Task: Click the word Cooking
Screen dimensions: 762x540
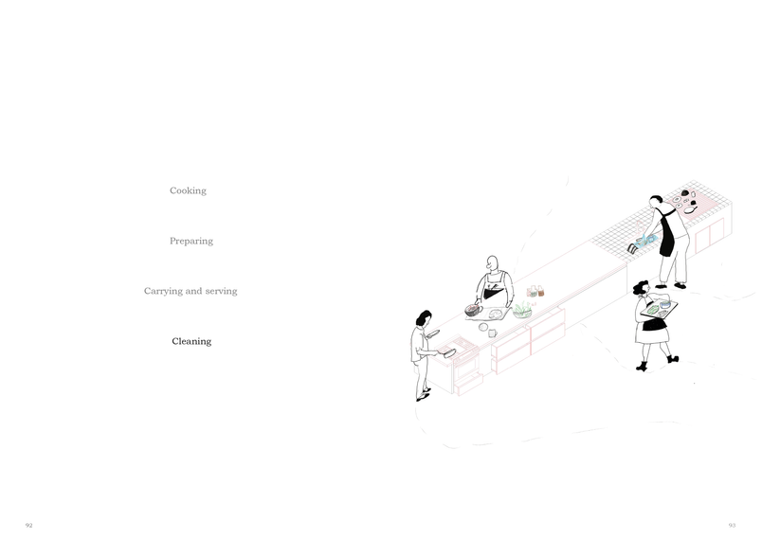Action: [x=188, y=190]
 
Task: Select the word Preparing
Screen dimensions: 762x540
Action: [x=191, y=242]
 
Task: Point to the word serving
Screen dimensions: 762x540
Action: [x=221, y=292]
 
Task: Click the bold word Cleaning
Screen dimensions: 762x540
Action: [x=191, y=341]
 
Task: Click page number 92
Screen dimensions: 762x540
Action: [x=29, y=526]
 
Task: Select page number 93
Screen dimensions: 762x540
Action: [x=732, y=526]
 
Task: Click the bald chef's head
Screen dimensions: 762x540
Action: [x=492, y=263]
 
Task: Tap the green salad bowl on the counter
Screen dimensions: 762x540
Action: [x=522, y=311]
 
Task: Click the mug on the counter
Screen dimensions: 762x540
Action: [x=492, y=333]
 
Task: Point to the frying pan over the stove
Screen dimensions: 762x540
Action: [x=448, y=352]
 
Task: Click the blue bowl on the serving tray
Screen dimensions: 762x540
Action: [x=665, y=304]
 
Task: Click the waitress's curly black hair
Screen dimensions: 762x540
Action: [x=640, y=288]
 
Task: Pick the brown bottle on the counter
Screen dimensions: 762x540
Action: [x=541, y=292]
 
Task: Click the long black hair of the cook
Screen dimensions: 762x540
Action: [x=423, y=318]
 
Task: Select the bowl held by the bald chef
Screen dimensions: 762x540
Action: [x=473, y=311]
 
